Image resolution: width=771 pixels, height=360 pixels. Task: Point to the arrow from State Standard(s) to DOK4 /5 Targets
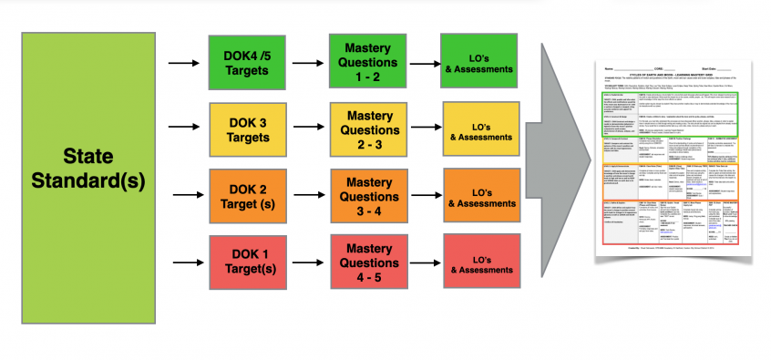coord(186,62)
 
